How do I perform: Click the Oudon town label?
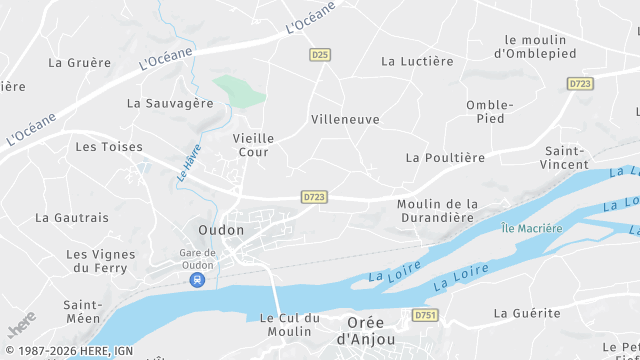[x=221, y=230]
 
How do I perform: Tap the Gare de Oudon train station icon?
[x=197, y=280]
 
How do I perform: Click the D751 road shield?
[x=426, y=315]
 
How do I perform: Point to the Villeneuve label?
[x=345, y=119]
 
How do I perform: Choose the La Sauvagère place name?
[x=170, y=103]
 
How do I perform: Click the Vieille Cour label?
[x=252, y=145]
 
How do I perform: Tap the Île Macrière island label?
[x=532, y=228]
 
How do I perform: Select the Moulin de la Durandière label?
[x=438, y=210]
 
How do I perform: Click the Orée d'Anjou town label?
[x=365, y=331]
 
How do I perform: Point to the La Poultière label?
[x=445, y=158]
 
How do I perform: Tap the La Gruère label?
[x=80, y=62]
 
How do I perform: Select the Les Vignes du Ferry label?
[x=100, y=261]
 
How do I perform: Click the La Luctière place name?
[x=417, y=62]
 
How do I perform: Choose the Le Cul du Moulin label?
[x=289, y=324]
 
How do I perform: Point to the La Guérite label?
[x=527, y=313]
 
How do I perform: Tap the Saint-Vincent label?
[x=565, y=157]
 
